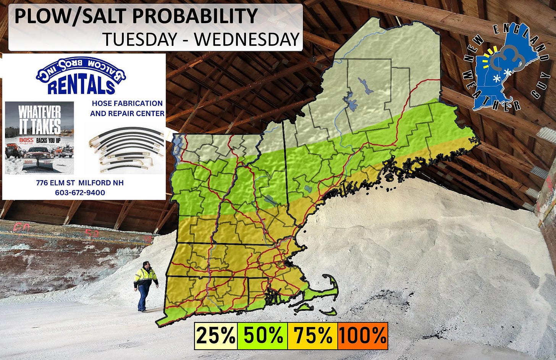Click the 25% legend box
(216, 336)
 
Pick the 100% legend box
(362, 336)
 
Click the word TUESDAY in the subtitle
(140, 39)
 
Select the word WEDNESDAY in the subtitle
(247, 39)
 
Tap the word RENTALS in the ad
(81, 86)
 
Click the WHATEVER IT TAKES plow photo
(39, 138)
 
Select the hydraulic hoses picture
(124, 149)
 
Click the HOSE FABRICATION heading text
(127, 103)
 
